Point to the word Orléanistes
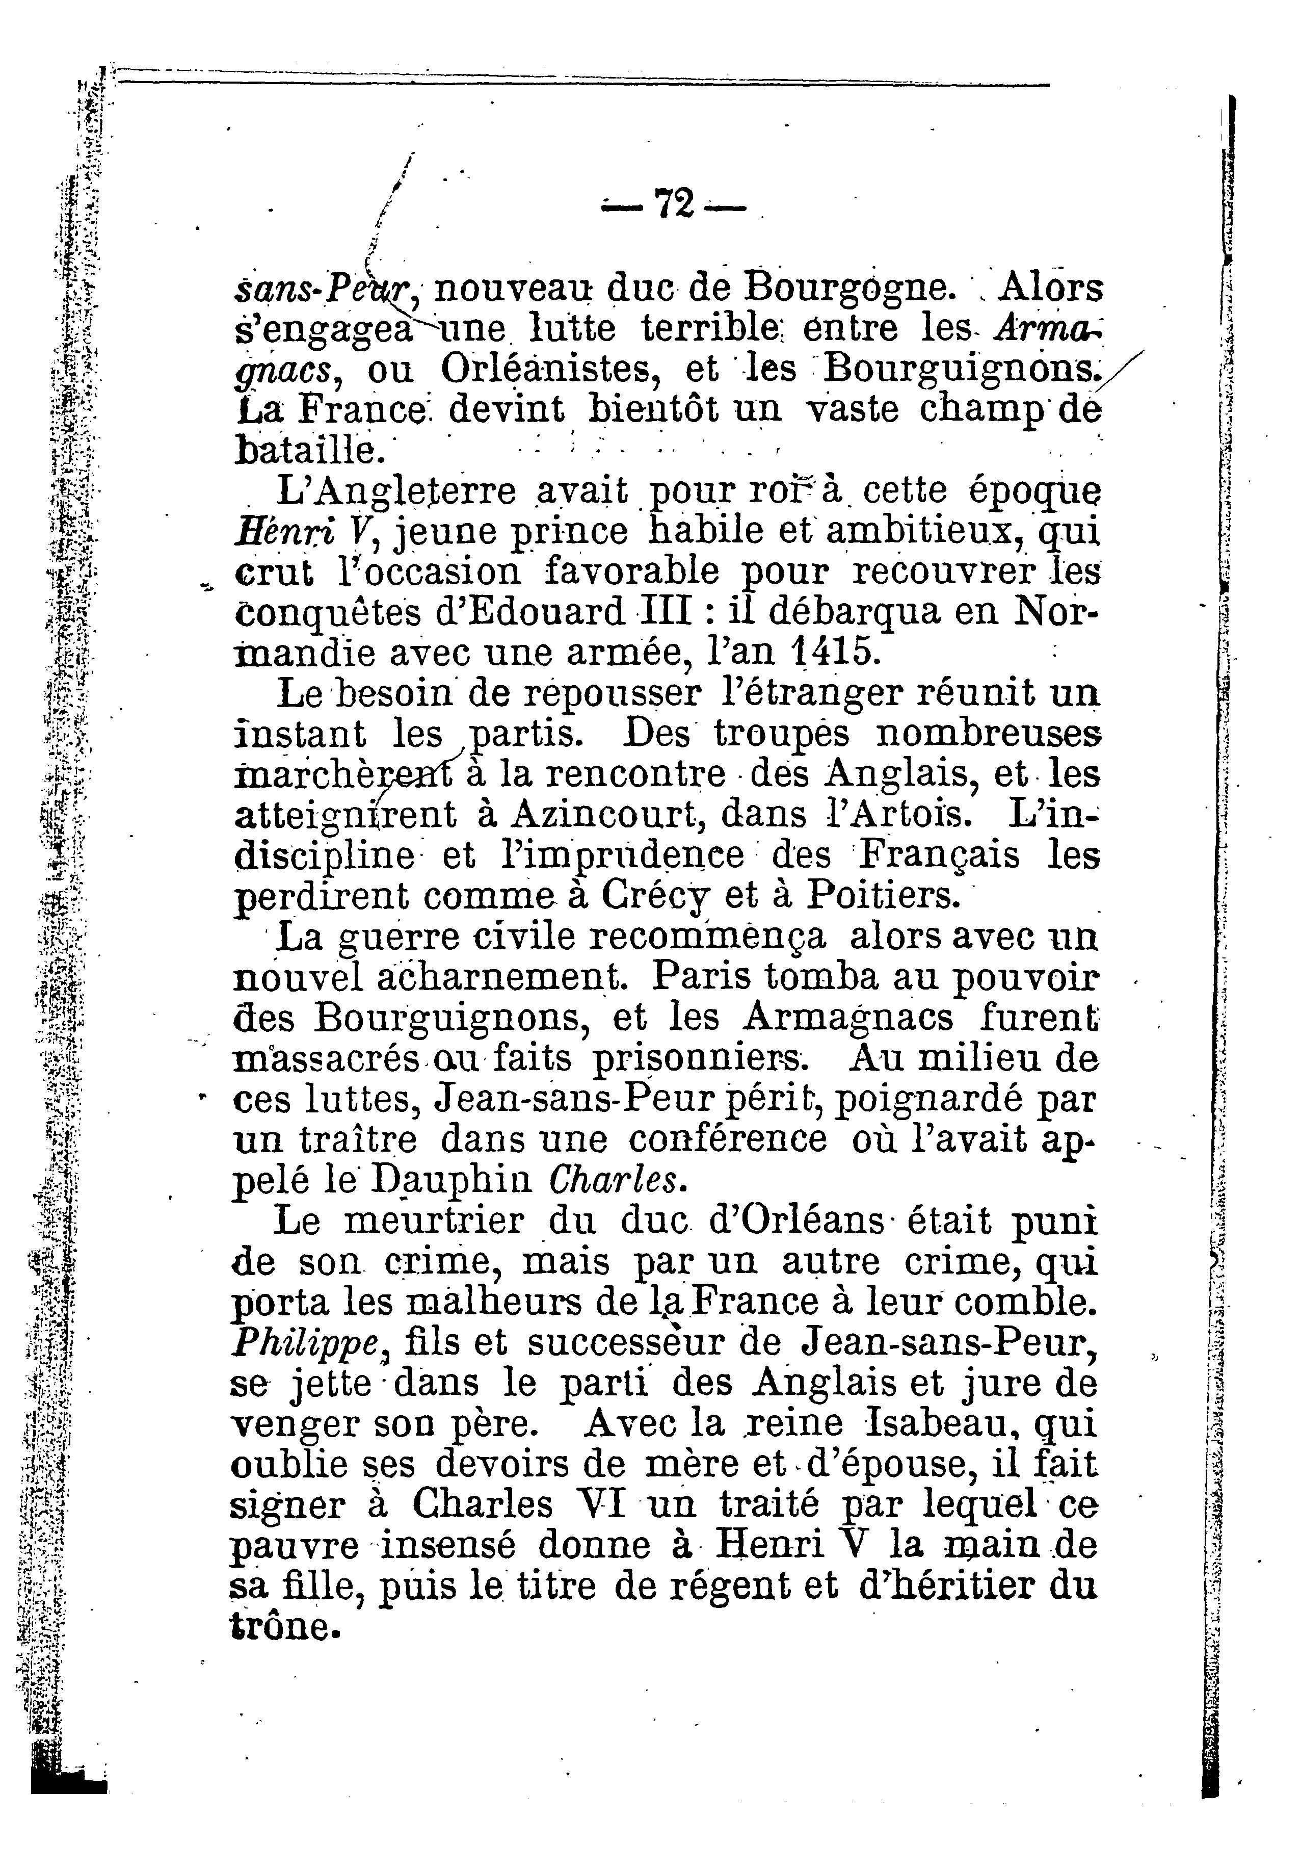pyautogui.click(x=554, y=371)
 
